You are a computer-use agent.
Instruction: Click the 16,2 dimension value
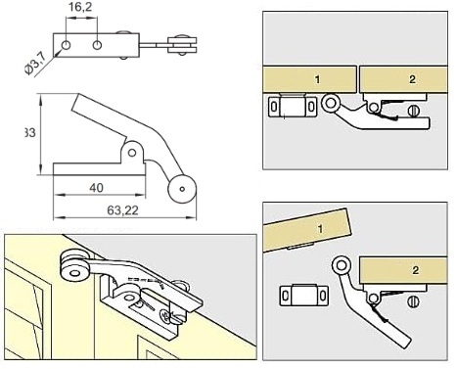80,7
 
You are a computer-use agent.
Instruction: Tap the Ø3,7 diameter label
35,64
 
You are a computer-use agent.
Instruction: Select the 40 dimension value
96,188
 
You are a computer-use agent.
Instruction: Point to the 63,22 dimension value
122,210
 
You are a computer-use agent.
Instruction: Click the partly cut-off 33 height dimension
30,133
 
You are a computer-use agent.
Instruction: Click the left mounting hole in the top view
66,45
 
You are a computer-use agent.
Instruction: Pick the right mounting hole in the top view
97,45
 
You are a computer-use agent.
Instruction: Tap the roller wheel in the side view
182,189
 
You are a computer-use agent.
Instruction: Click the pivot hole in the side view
132,153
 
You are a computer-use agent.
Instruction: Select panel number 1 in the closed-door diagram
318,79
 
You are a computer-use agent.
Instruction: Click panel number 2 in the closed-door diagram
412,79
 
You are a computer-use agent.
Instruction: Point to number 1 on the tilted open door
320,228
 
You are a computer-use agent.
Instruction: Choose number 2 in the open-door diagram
415,270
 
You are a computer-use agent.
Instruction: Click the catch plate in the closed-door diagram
293,106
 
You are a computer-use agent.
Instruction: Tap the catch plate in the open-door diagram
303,295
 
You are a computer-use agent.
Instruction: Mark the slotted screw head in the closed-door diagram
413,111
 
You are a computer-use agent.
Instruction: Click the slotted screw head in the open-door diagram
413,301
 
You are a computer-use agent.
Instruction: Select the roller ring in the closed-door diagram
331,104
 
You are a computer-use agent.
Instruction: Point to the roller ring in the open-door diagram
342,265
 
